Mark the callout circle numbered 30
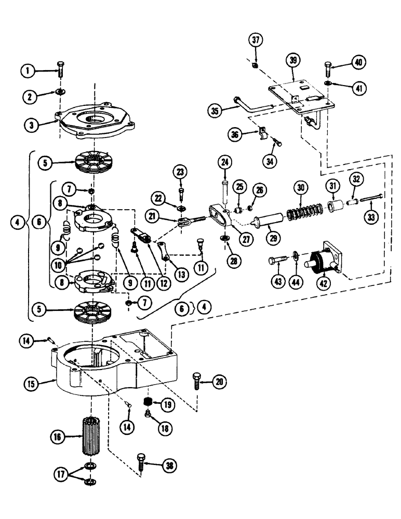299,187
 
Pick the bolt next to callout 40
328,68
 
